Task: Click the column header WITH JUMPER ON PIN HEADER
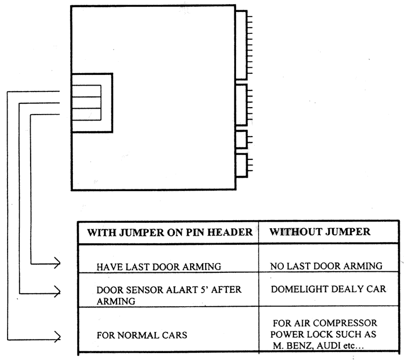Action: point(166,234)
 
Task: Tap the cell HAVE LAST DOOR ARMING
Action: point(152,266)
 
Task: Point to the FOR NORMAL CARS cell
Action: point(142,335)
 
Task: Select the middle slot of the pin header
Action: point(86,102)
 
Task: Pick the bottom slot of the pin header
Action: point(86,114)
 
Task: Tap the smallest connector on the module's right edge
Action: point(241,139)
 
